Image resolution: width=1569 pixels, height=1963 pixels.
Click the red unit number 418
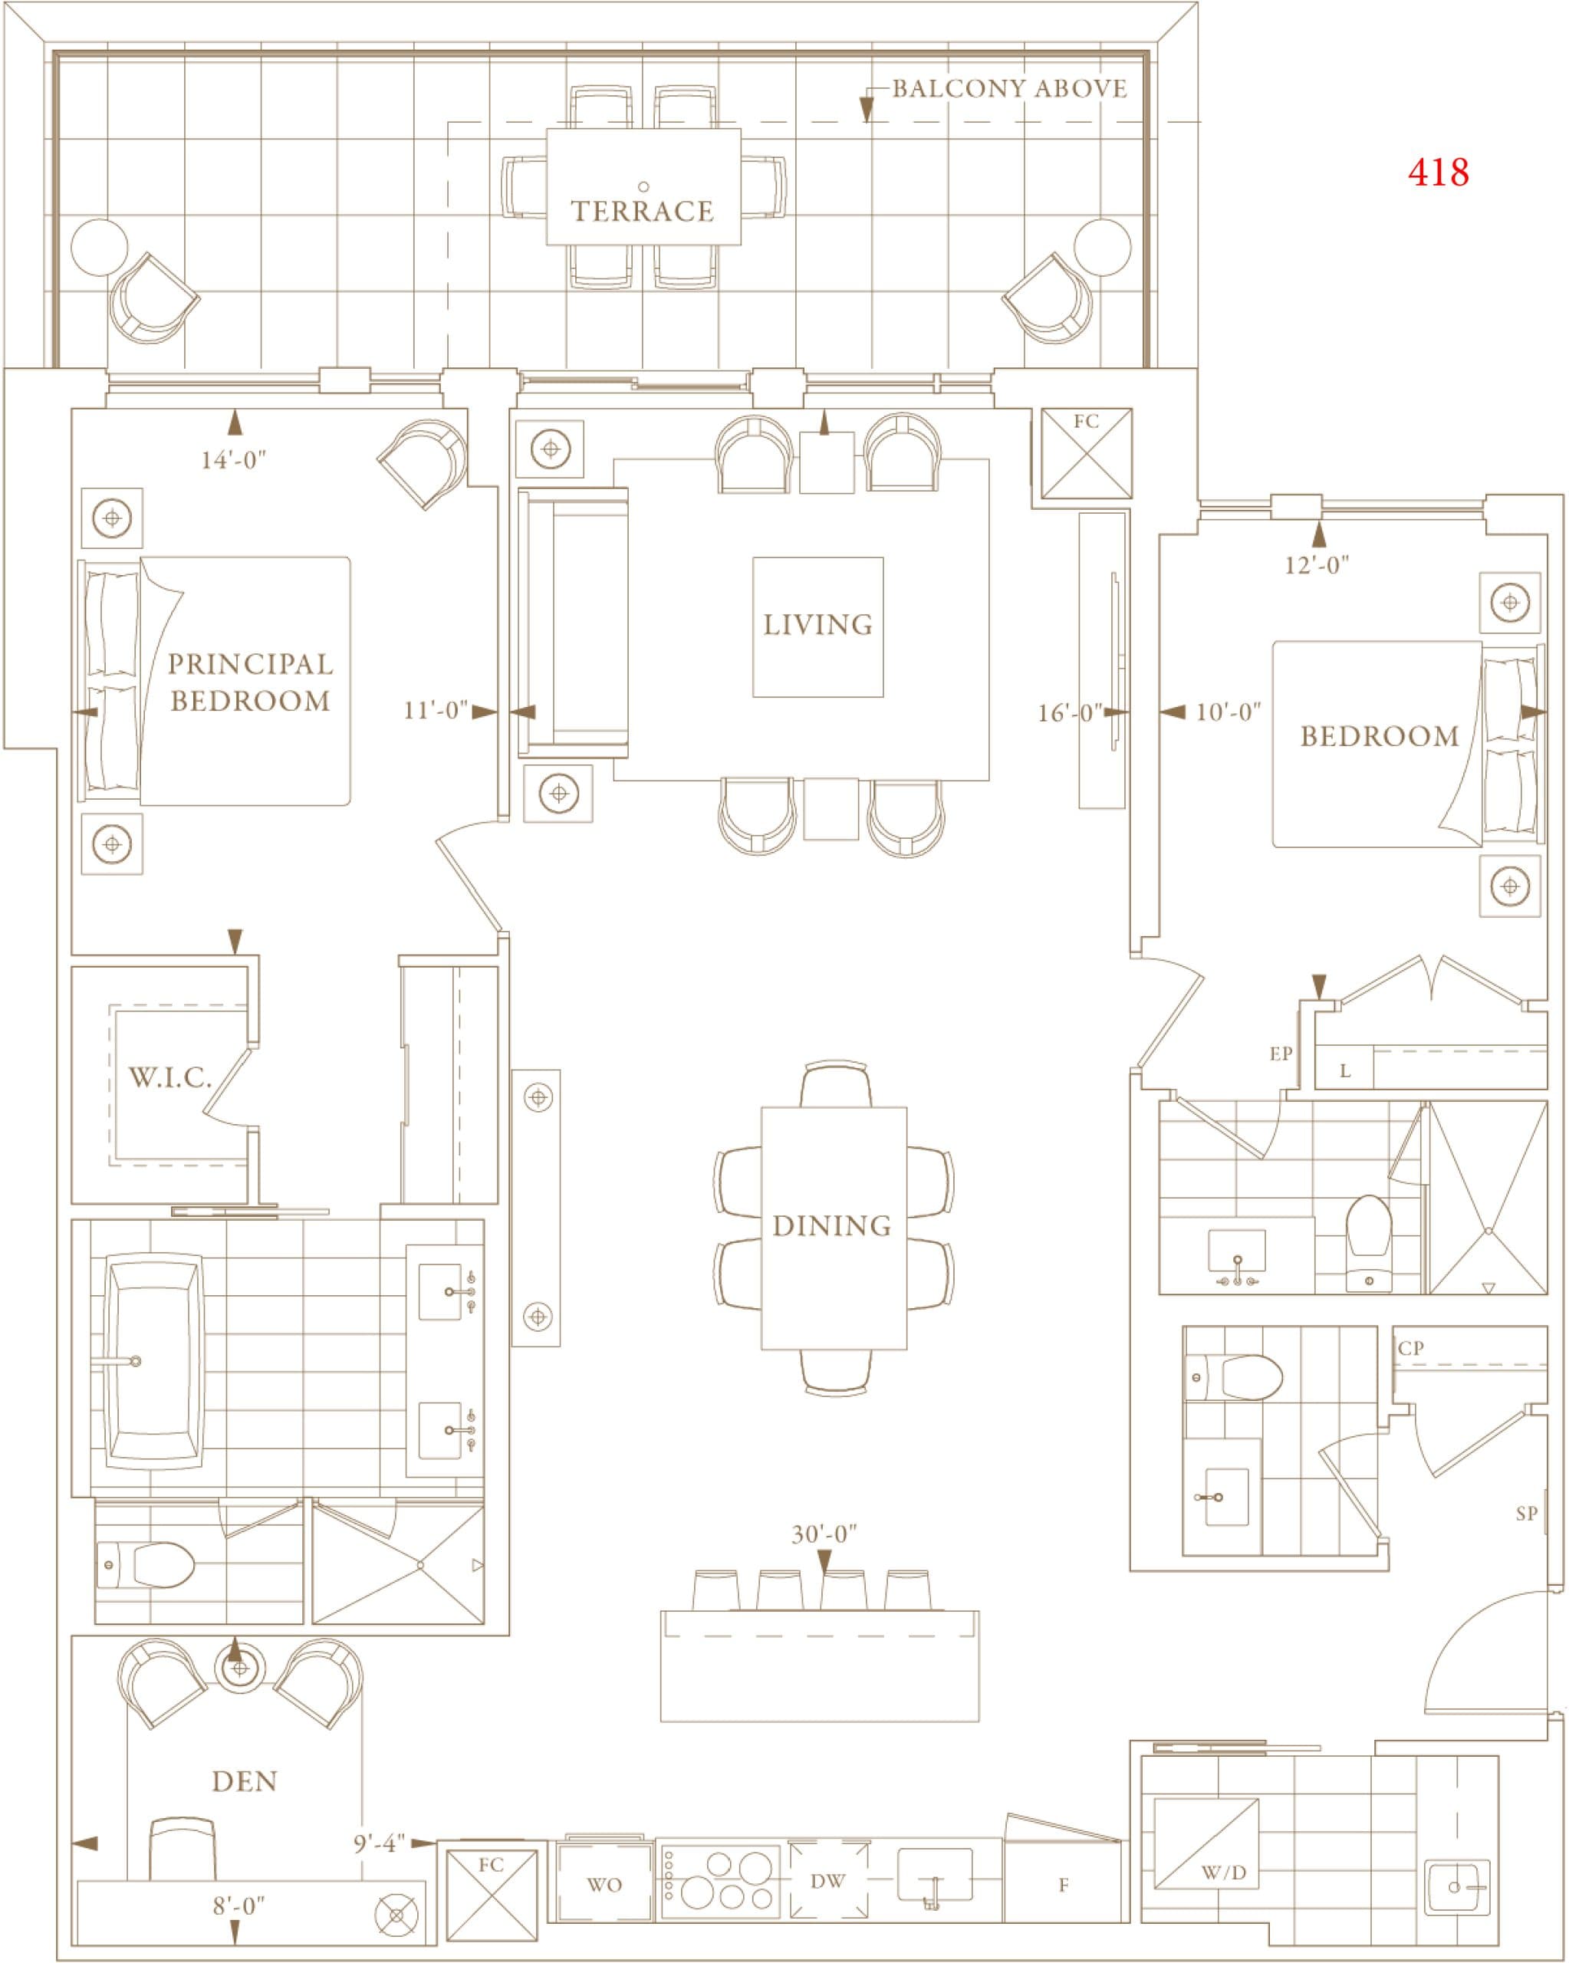coord(1438,172)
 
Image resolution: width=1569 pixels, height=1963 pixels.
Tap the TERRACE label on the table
coord(642,211)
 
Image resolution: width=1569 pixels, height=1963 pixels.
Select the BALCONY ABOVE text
coord(1009,88)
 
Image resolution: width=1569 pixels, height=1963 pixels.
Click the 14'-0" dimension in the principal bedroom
coord(233,460)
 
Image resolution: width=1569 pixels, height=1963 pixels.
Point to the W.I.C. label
coord(170,1079)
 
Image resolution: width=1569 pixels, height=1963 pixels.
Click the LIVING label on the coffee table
coord(817,626)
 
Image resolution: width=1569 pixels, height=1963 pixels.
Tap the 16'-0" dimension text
coord(1070,713)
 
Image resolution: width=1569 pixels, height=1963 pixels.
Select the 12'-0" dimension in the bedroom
coord(1316,565)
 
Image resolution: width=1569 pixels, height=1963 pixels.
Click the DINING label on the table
coord(832,1226)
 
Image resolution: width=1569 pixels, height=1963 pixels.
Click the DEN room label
coord(244,1782)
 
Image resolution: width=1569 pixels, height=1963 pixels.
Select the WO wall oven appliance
coord(604,1886)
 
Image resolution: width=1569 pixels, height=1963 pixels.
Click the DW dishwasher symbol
coord(827,1881)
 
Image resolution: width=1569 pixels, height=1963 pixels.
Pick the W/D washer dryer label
coord(1223,1873)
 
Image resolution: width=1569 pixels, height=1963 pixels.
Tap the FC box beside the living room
coord(1087,453)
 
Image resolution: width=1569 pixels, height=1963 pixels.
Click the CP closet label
coord(1410,1349)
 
